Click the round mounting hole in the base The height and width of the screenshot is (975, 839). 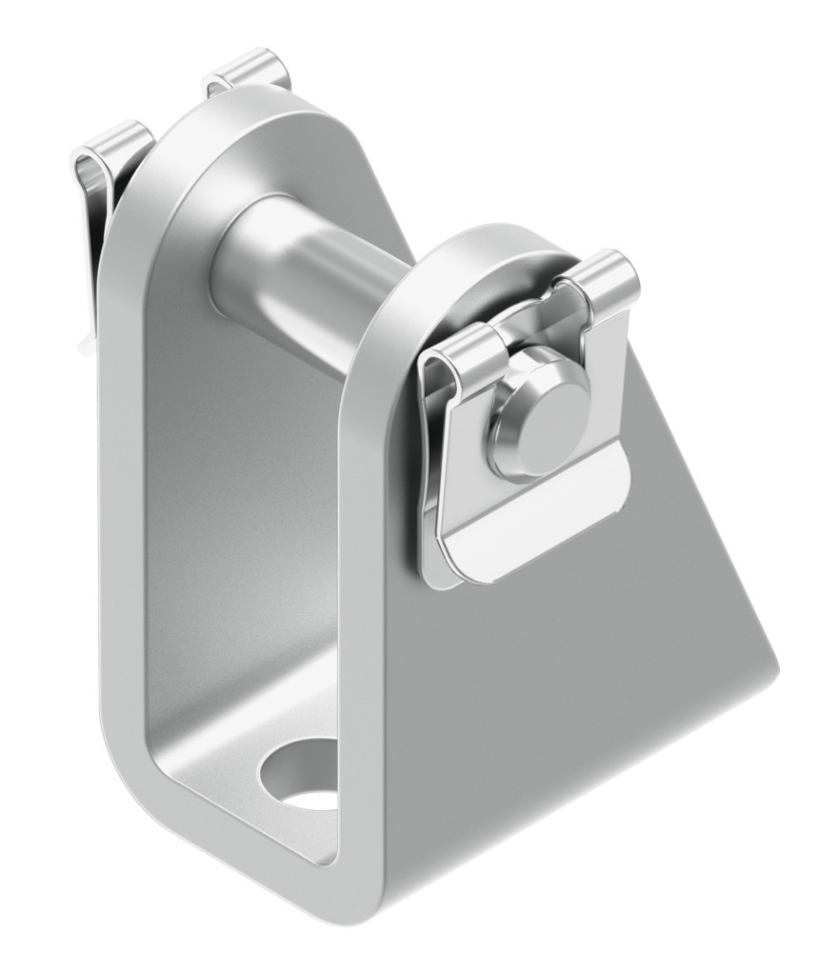click(303, 772)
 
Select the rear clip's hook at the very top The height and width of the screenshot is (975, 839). click(248, 71)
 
